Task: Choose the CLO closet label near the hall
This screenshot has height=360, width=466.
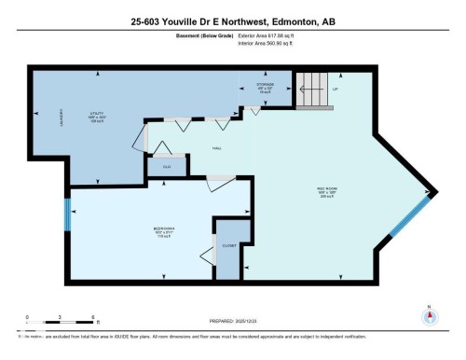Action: point(167,166)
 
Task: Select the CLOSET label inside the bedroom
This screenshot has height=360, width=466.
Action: point(229,244)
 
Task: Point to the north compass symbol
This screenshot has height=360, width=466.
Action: point(430,314)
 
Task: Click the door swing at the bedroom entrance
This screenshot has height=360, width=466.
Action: point(221,177)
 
